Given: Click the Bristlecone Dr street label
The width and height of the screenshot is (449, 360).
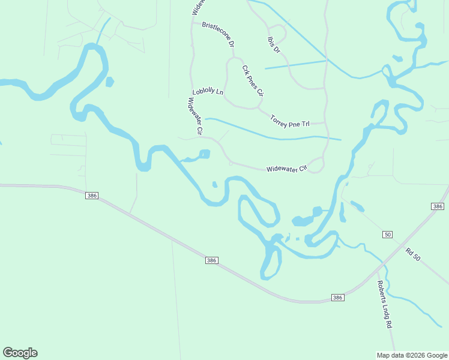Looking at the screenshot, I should [x=217, y=34].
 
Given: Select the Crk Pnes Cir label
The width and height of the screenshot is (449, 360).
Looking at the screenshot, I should [x=253, y=80].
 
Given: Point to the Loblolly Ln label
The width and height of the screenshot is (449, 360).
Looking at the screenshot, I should [x=208, y=92].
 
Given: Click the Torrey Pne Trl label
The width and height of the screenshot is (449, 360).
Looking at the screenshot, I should [x=289, y=120].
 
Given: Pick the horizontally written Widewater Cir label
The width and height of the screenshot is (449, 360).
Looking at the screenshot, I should [x=286, y=168].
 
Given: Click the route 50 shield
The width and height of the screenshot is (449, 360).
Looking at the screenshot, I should [x=388, y=234].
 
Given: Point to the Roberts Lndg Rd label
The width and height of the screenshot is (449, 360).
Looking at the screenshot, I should [x=384, y=305].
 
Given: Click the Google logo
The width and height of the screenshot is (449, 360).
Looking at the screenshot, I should [x=20, y=353].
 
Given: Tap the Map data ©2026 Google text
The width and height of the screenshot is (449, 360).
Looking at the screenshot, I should [x=412, y=355].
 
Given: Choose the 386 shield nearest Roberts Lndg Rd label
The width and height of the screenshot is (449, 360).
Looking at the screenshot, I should [x=338, y=298].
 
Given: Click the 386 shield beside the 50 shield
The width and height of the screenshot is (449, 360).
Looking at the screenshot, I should [x=438, y=206].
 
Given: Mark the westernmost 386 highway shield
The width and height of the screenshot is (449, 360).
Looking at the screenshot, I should [x=92, y=196].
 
